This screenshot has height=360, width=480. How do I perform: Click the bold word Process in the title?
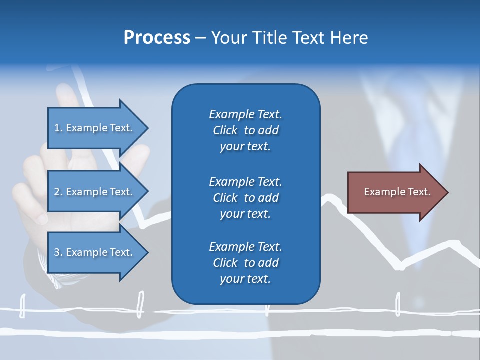pyautogui.click(x=157, y=38)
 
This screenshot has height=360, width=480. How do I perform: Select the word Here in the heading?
pyautogui.click(x=348, y=38)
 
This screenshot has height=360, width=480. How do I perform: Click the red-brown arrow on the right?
pyautogui.click(x=395, y=192)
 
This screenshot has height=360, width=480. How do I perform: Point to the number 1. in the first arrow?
pyautogui.click(x=58, y=128)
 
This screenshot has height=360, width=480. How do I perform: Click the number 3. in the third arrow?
pyautogui.click(x=58, y=253)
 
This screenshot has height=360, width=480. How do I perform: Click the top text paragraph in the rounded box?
pyautogui.click(x=245, y=130)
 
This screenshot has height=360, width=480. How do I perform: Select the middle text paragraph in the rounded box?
pyautogui.click(x=245, y=198)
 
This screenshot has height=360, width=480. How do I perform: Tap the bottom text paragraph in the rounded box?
pyautogui.click(x=245, y=263)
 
